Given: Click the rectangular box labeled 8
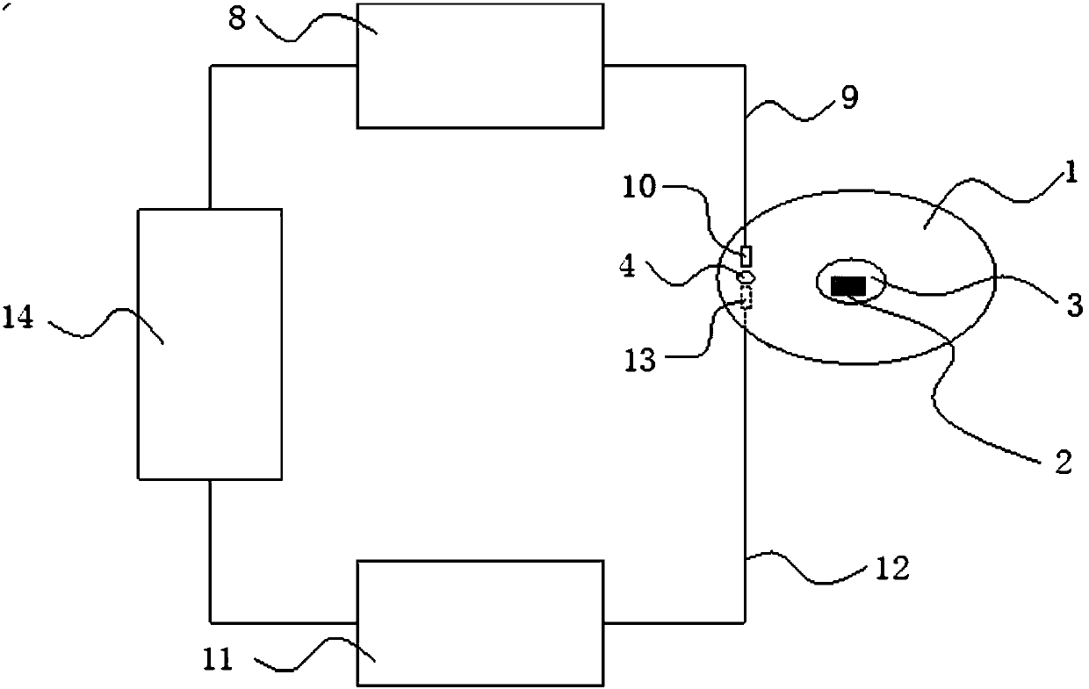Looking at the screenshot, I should tap(480, 65).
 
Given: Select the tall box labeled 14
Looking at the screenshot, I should tap(210, 344).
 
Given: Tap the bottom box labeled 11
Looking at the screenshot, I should tap(480, 623).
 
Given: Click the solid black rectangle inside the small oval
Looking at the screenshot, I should tap(848, 285).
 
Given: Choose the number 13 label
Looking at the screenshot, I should tap(640, 361).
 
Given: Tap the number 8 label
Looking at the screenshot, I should tap(237, 20).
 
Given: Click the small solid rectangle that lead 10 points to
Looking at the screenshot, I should tap(746, 256).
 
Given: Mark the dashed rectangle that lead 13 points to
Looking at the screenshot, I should tap(747, 298).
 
